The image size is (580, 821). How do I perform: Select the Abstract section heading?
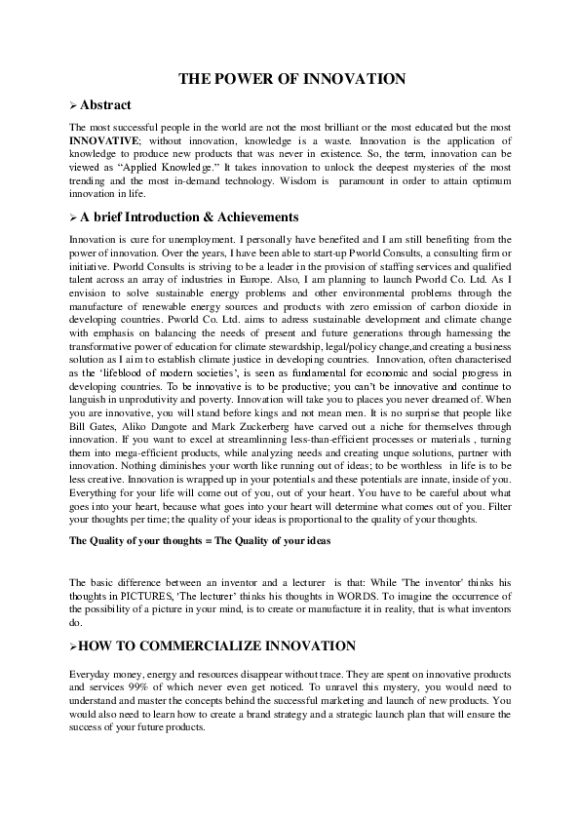pos(105,104)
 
